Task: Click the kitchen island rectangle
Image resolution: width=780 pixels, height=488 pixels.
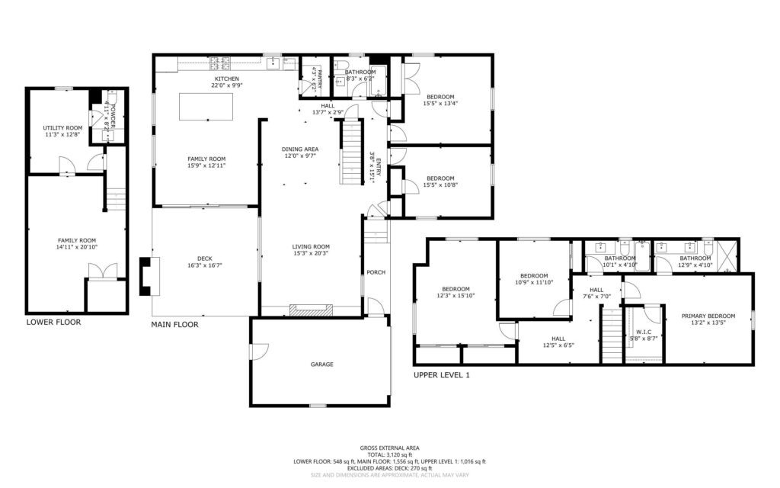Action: (x=206, y=105)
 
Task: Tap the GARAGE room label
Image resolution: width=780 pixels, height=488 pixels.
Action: (x=321, y=364)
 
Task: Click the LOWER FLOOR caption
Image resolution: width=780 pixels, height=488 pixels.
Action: (x=53, y=322)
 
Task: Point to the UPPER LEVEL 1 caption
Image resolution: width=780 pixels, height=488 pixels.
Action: (x=442, y=375)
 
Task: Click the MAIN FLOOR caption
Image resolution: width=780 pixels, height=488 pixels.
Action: (x=174, y=324)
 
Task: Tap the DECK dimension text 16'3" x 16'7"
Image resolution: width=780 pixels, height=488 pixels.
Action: (x=204, y=265)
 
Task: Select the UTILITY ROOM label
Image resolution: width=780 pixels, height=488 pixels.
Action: (x=62, y=128)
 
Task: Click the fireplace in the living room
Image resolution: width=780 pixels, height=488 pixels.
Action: (x=310, y=310)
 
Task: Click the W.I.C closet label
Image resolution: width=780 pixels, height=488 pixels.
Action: (x=643, y=332)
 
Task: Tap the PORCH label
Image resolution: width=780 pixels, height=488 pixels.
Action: (x=376, y=272)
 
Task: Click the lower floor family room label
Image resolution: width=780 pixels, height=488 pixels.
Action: (x=77, y=240)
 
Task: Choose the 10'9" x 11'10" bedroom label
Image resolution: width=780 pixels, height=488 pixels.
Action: (x=534, y=276)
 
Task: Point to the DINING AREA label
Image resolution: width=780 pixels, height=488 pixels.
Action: (x=300, y=149)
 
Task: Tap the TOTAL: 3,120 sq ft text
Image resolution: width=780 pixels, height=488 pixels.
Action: (x=389, y=454)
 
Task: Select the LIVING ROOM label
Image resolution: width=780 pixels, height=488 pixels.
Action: (x=311, y=246)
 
